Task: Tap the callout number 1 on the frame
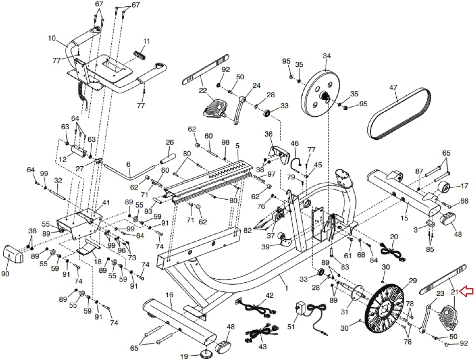pos(287,288)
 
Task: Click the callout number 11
pos(146,41)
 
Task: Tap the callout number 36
pos(268,134)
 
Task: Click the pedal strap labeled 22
pos(204,70)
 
